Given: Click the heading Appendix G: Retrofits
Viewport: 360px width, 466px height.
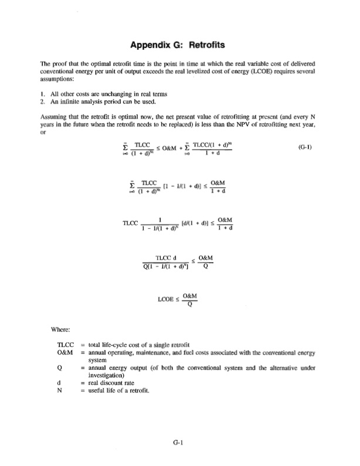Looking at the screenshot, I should point(179,44).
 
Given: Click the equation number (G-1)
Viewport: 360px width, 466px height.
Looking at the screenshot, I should point(305,147).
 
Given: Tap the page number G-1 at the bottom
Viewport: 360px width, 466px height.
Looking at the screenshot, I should point(179,444).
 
